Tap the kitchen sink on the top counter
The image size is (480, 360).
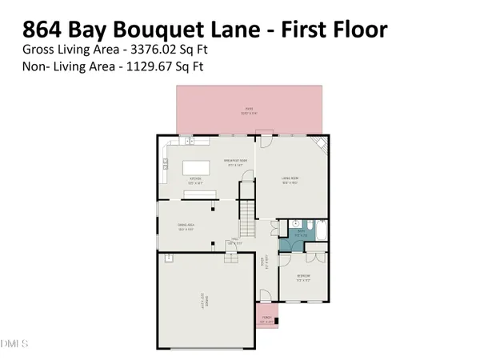190,142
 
